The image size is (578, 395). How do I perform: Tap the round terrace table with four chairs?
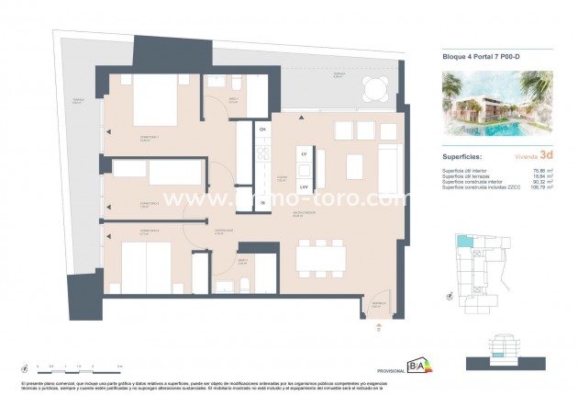(374, 88)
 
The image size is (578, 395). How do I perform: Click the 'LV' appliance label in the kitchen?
(304, 153)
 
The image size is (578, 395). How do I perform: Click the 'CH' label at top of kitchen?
(262, 130)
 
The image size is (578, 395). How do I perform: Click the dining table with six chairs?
(321, 256)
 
